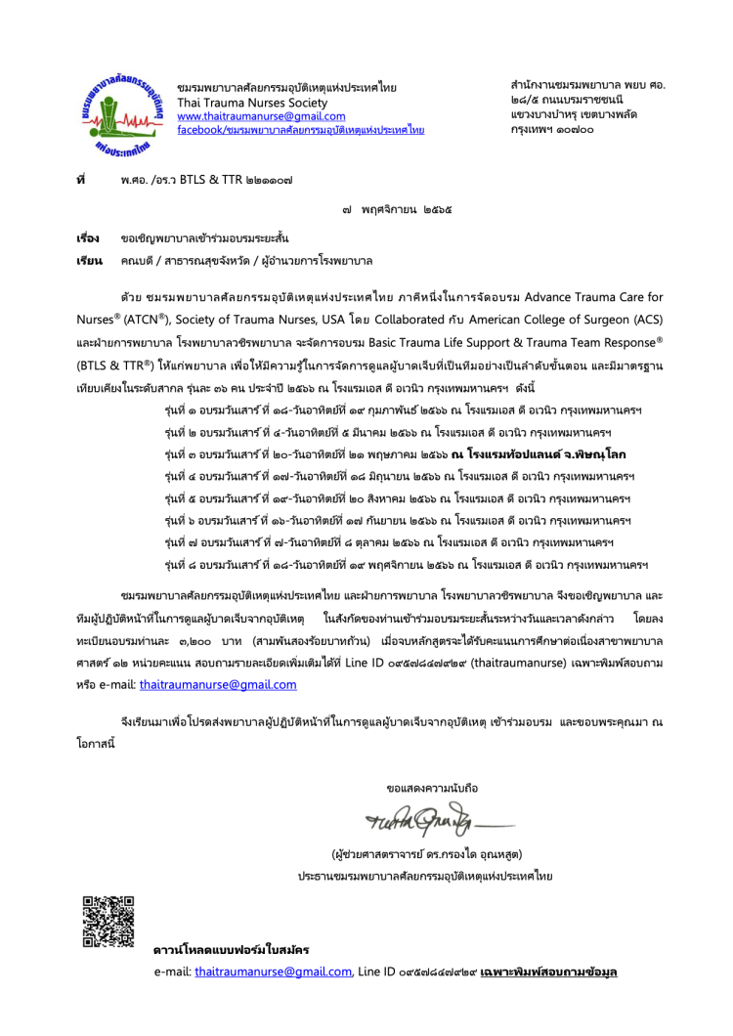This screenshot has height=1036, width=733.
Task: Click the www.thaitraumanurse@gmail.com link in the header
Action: (x=248, y=116)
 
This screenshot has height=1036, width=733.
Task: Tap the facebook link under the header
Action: (x=300, y=130)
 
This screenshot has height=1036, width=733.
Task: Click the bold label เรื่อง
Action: (x=88, y=238)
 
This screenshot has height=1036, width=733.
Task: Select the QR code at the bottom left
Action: (x=102, y=922)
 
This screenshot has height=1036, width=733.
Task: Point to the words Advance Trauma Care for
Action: (x=593, y=296)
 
